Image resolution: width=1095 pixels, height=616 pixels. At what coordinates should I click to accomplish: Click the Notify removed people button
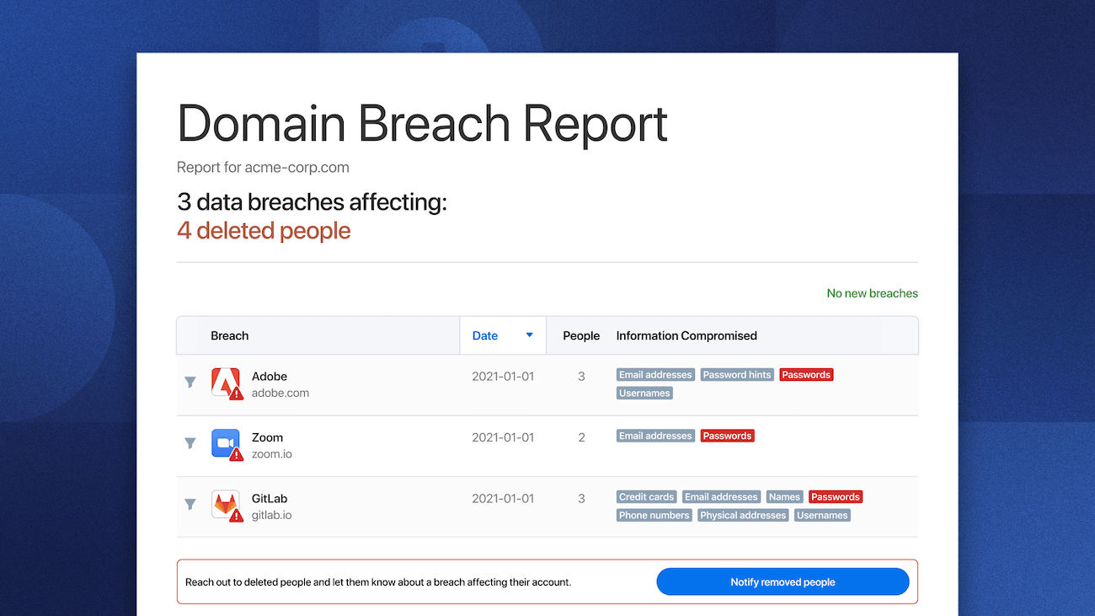[783, 582]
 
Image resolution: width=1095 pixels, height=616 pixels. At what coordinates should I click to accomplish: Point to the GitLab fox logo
[225, 504]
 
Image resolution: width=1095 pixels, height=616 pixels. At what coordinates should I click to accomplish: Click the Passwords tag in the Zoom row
[727, 436]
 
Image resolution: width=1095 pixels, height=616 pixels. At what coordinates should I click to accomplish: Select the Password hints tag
[737, 375]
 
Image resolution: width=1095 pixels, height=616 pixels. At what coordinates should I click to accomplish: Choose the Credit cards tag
[646, 497]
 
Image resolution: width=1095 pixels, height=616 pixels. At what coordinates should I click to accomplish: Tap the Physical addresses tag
[743, 516]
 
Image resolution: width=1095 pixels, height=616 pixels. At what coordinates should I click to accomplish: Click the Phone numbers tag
[654, 516]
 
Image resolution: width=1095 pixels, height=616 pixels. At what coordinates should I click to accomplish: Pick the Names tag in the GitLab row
[784, 497]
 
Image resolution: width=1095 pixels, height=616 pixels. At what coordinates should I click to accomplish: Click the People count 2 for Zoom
[581, 437]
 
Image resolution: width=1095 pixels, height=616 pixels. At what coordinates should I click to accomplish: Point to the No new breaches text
[872, 293]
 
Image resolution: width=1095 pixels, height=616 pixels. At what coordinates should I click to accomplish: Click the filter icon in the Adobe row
[190, 383]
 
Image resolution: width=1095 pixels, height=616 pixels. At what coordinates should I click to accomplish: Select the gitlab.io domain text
[271, 515]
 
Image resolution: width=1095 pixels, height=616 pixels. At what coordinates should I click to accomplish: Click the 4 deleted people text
[264, 231]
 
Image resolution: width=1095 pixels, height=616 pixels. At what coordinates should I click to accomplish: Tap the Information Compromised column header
[686, 335]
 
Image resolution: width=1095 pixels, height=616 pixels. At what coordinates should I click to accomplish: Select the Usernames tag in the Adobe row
[644, 394]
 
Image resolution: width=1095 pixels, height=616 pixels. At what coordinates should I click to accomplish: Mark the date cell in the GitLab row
[503, 498]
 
